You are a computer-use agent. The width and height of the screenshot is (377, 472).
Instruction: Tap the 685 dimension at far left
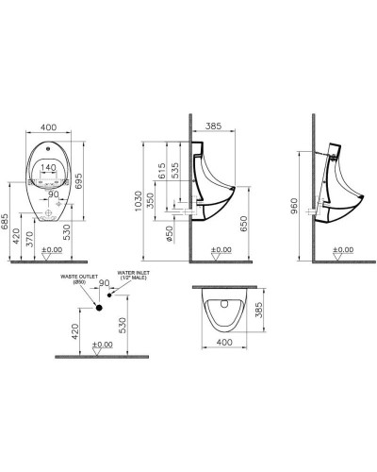click(x=8, y=222)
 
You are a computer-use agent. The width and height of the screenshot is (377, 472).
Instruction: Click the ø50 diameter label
click(x=171, y=232)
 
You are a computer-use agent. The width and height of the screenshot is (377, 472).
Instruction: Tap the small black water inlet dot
click(x=110, y=295)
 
